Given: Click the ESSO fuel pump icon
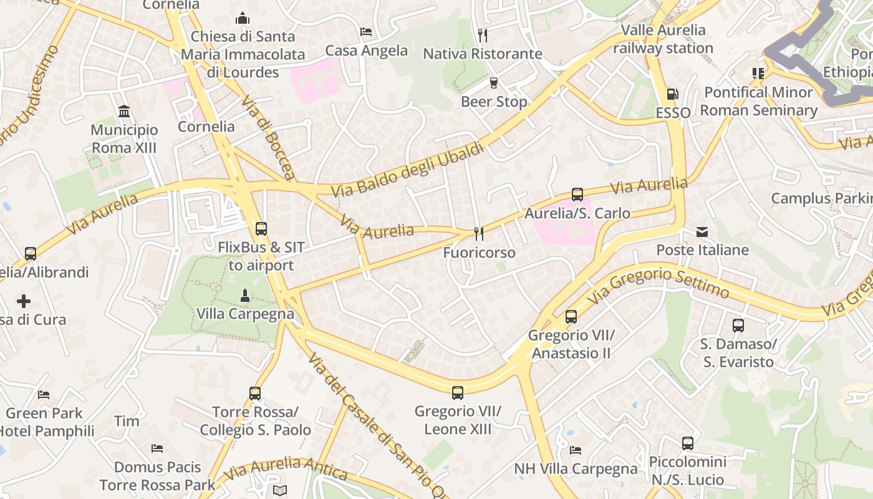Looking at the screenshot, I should [x=672, y=94].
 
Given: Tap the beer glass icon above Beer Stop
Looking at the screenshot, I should [x=494, y=83].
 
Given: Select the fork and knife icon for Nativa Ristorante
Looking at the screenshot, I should [x=482, y=35].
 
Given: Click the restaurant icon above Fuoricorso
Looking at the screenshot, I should [x=479, y=234].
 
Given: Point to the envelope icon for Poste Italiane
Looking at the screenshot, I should [x=702, y=232].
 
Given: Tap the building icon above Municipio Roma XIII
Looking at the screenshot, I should [x=124, y=112].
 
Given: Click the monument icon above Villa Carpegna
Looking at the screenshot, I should [x=245, y=295].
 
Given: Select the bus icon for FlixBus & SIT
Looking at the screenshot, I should [x=261, y=229].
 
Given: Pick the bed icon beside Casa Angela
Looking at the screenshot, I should [x=366, y=32].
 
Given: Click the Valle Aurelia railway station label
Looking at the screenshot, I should [x=663, y=39].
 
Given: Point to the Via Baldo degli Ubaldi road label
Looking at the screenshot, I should [x=408, y=169].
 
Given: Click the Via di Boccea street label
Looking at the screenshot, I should [x=267, y=138].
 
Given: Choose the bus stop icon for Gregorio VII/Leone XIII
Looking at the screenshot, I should [x=458, y=393].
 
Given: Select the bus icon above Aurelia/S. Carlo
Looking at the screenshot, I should [x=577, y=195].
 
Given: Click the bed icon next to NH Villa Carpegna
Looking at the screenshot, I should [x=576, y=450].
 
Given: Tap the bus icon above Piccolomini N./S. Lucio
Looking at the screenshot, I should [x=687, y=443].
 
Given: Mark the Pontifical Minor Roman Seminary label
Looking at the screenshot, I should [x=758, y=101].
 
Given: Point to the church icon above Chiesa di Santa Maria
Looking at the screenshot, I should [x=243, y=18].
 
